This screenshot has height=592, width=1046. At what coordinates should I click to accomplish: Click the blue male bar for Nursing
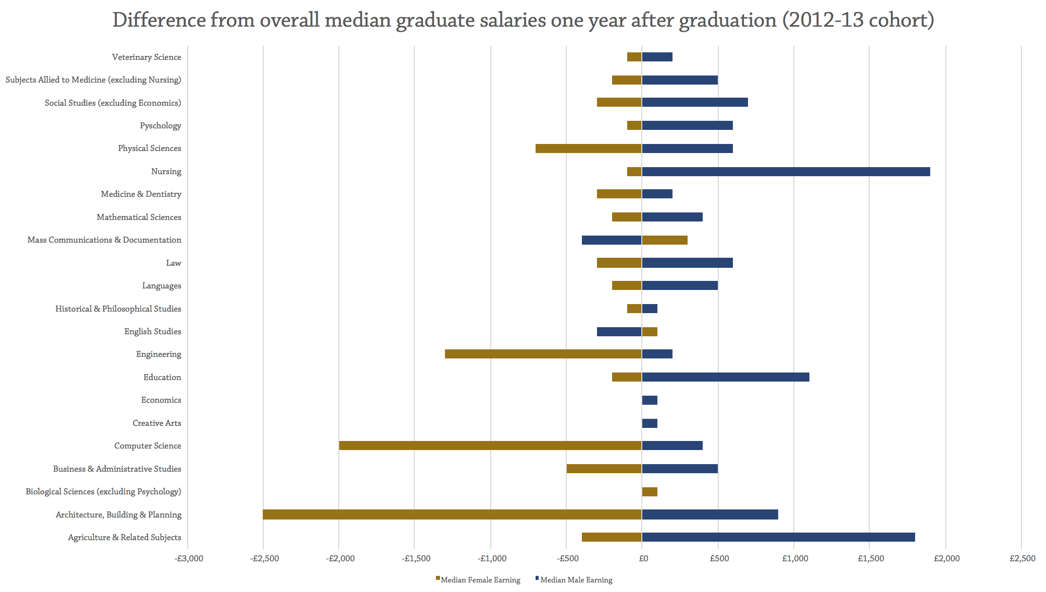point(785,172)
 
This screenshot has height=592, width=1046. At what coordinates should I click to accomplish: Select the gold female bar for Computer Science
point(490,446)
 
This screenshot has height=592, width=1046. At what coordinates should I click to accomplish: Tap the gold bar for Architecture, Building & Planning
point(452,514)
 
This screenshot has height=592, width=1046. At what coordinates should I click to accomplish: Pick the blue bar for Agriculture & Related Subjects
point(778,537)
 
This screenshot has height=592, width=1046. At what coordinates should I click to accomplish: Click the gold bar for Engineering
point(543,354)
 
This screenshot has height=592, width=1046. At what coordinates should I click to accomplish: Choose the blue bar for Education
point(725,377)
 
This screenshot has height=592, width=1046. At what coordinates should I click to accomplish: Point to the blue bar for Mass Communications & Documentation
point(612,240)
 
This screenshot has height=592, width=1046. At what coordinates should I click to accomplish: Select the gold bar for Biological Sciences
point(649,492)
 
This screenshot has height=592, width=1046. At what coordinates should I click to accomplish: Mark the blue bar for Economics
point(649,400)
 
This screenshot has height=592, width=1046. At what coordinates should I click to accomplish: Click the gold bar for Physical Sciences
point(588,149)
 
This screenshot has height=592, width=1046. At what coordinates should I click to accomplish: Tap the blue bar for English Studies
point(619,332)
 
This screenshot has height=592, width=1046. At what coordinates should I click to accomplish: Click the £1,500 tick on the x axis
point(871,559)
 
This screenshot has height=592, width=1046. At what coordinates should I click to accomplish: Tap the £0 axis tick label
point(643,559)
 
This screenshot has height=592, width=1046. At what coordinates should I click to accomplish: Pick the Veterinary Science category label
point(146,57)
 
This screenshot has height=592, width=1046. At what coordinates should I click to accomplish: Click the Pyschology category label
point(161,126)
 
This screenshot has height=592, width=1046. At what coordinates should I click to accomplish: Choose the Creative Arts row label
point(157,423)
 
